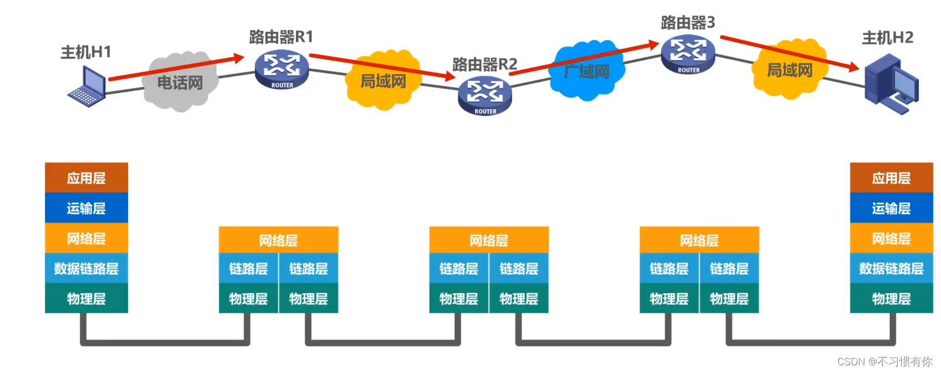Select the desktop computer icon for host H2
[891, 84]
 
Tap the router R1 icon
[282, 69]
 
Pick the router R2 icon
[485, 96]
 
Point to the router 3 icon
[688, 54]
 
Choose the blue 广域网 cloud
[587, 71]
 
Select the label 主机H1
[86, 52]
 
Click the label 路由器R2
[485, 64]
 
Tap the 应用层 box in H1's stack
[86, 178]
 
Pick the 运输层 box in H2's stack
[891, 208]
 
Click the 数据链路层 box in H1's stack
[86, 269]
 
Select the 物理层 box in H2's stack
[891, 299]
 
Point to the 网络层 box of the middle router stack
[489, 240]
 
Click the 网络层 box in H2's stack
[891, 238]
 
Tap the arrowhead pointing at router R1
[239, 57]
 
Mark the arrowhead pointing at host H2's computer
[853, 68]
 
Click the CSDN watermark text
[884, 362]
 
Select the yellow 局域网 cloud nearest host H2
[789, 70]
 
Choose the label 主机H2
[887, 38]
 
